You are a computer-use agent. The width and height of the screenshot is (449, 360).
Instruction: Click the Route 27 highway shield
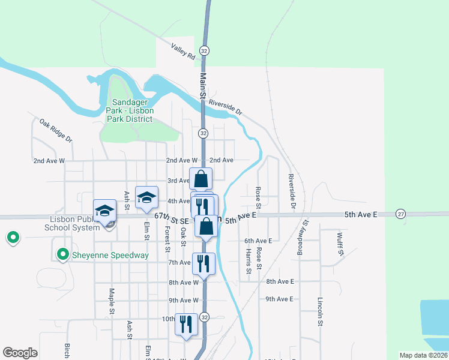401,214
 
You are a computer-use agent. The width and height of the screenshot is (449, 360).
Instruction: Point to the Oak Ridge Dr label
56,130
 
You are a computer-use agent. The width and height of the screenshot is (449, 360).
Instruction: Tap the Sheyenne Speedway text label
110,255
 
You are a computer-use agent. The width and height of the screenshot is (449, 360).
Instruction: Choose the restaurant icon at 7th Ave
202,263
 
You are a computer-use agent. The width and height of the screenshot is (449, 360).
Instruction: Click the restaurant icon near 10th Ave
185,325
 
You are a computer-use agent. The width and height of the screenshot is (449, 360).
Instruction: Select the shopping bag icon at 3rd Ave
200,179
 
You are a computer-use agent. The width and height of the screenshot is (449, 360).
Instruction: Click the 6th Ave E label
258,240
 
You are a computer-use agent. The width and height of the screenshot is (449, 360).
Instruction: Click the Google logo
20,353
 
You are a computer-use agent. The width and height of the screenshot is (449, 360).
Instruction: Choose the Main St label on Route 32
203,86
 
